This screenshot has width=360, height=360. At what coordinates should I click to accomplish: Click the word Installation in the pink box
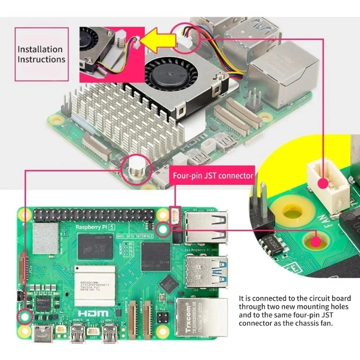(x=40, y=49)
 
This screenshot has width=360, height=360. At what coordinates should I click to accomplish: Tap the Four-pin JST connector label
(x=213, y=175)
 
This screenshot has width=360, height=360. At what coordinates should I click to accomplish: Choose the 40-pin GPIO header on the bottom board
(x=97, y=215)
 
